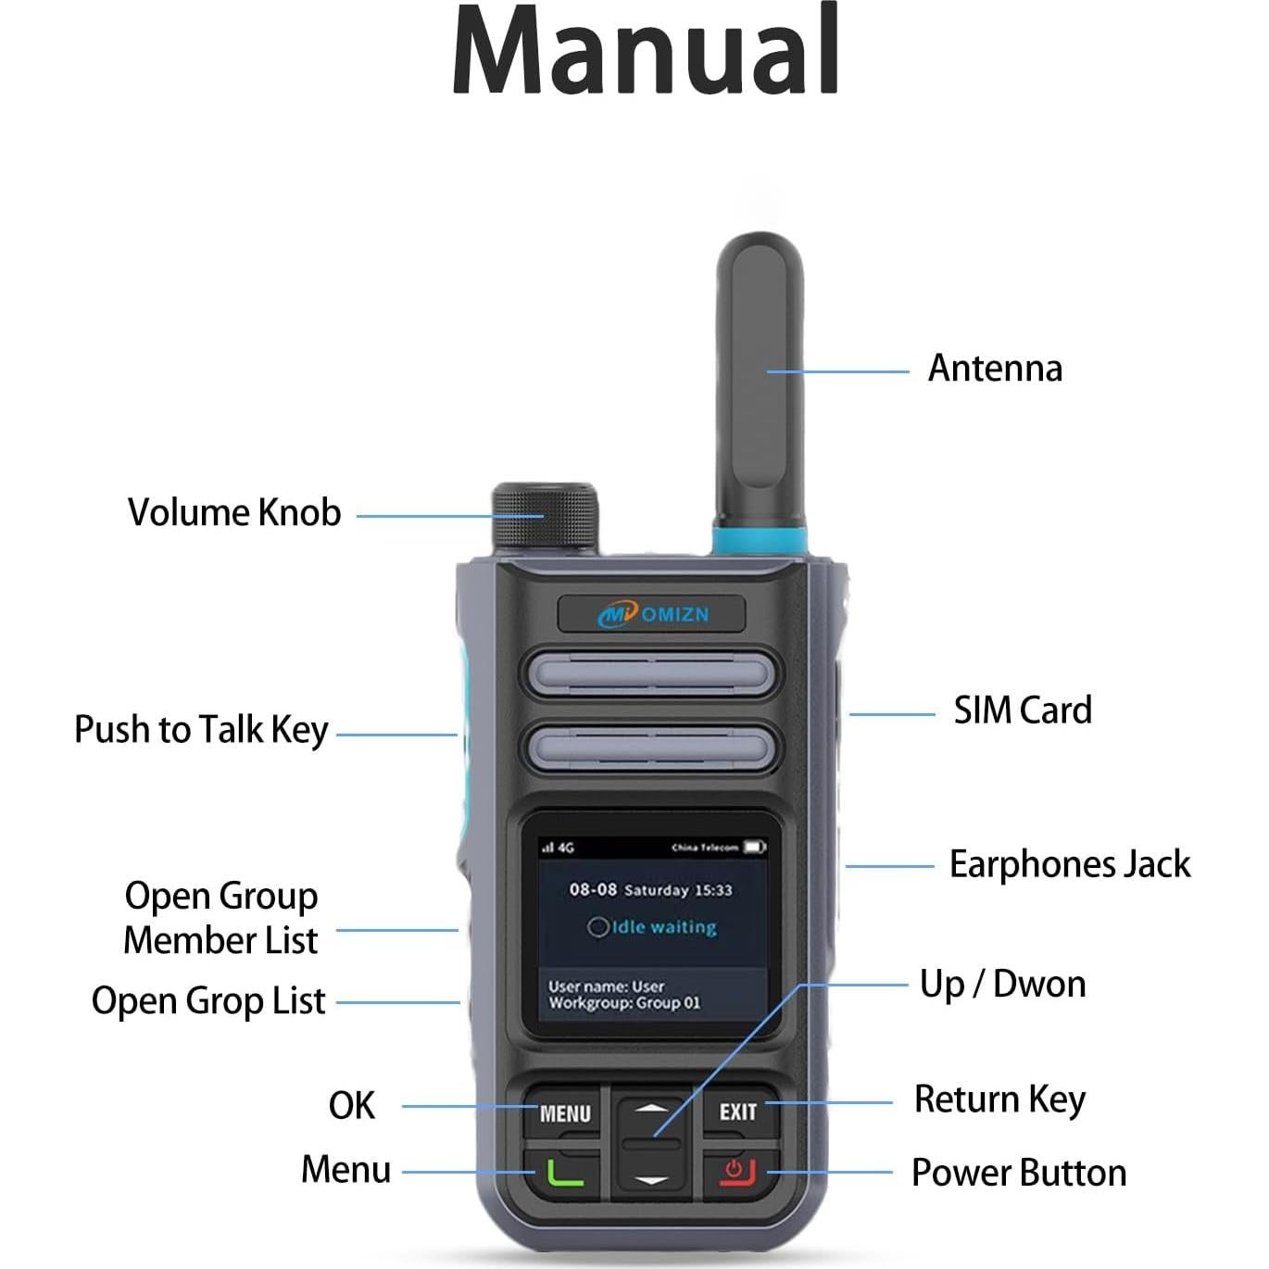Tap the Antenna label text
(995, 369)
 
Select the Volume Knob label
(234, 513)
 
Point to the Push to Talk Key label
(201, 730)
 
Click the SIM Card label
(1023, 710)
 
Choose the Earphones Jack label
(1070, 864)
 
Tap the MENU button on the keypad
(565, 1112)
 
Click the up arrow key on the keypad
(652, 1109)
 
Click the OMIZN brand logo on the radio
(652, 614)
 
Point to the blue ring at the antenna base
(760, 540)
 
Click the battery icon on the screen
(754, 847)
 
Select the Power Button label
(1019, 1173)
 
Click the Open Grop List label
(208, 1001)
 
